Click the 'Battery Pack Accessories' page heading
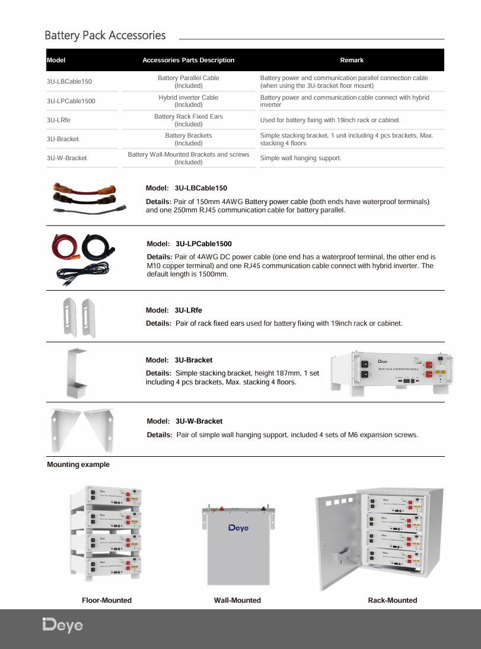(105, 36)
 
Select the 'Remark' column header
(352, 60)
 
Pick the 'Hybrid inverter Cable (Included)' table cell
(189, 101)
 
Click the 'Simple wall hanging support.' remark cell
(301, 158)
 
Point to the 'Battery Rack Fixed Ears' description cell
(189, 120)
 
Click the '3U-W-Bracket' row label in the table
(66, 158)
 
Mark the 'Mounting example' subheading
(78, 465)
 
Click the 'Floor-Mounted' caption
(107, 600)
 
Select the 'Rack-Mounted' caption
(393, 600)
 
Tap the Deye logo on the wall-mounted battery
(238, 528)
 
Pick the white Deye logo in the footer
(62, 625)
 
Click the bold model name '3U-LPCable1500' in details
(203, 244)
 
